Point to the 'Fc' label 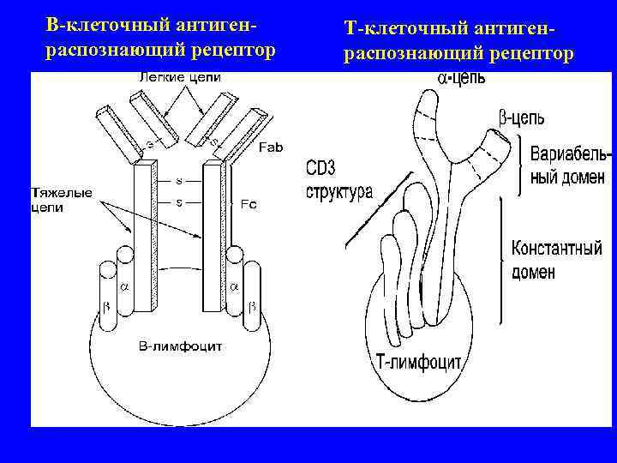249,204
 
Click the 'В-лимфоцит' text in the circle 181,346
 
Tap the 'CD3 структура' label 338,180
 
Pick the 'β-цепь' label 520,117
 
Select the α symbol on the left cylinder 123,286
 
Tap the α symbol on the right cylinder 234,286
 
